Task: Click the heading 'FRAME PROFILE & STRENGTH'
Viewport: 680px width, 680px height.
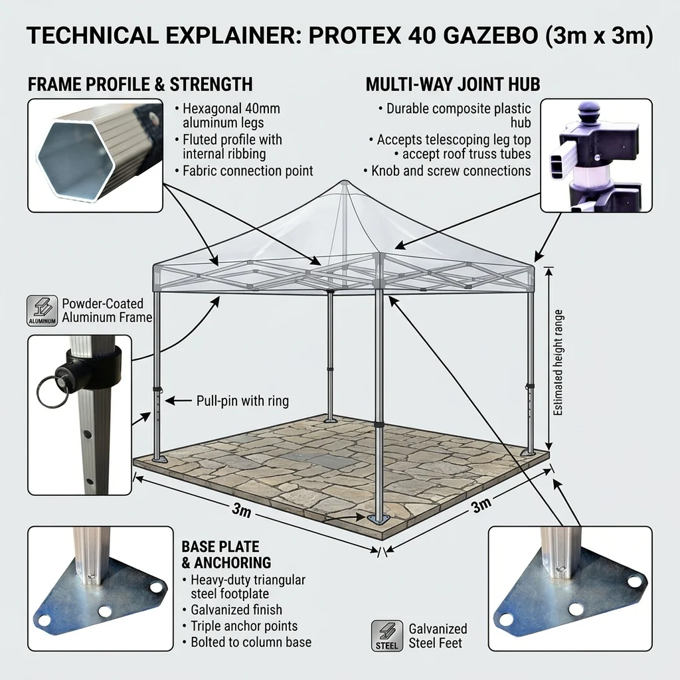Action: coord(140,84)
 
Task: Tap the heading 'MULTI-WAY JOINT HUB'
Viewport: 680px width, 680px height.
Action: coord(453,84)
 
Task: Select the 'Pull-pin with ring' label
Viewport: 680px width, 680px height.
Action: coord(242,400)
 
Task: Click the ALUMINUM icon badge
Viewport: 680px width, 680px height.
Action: coord(42,311)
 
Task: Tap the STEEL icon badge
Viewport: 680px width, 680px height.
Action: coord(387,636)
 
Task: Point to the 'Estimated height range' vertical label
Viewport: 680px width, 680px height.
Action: coord(558,363)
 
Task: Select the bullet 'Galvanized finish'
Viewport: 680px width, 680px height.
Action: coord(236,610)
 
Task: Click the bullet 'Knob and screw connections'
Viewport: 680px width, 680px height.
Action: coord(447,171)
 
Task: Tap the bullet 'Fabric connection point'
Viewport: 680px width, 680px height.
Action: coord(244,171)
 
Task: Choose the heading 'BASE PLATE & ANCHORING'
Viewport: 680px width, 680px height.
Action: coord(226,554)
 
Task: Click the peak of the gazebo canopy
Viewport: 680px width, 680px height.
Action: coord(345,181)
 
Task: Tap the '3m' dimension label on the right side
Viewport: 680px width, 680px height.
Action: coord(481,505)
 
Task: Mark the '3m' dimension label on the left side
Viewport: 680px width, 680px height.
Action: coord(242,510)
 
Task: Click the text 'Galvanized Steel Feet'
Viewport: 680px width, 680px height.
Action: coord(438,636)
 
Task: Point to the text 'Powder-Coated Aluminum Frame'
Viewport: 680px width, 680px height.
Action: coord(107,311)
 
